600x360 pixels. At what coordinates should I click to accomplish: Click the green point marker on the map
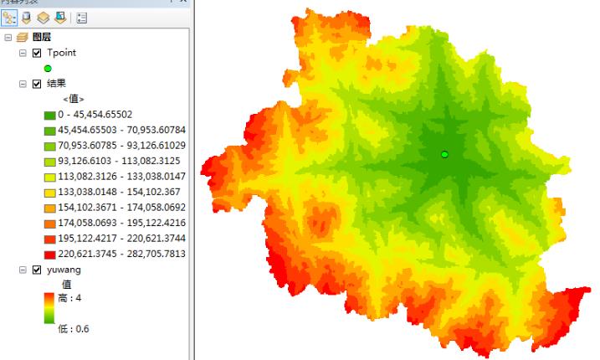[444, 154]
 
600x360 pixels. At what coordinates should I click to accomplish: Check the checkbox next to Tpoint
[36, 53]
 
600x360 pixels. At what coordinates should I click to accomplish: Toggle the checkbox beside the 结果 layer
[36, 84]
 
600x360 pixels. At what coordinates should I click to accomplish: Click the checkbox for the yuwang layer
[36, 270]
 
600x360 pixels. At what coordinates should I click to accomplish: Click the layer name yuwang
[64, 270]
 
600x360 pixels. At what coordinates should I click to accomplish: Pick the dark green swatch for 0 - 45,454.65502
[49, 115]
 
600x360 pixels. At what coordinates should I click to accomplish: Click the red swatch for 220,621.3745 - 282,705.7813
[49, 254]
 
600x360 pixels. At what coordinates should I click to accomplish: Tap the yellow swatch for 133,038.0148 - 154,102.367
[49, 192]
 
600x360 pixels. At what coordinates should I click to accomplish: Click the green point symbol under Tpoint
[49, 69]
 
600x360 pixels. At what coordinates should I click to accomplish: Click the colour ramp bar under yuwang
[49, 307]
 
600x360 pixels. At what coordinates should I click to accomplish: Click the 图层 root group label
[42, 38]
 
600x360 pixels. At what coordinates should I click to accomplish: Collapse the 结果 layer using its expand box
[22, 84]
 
